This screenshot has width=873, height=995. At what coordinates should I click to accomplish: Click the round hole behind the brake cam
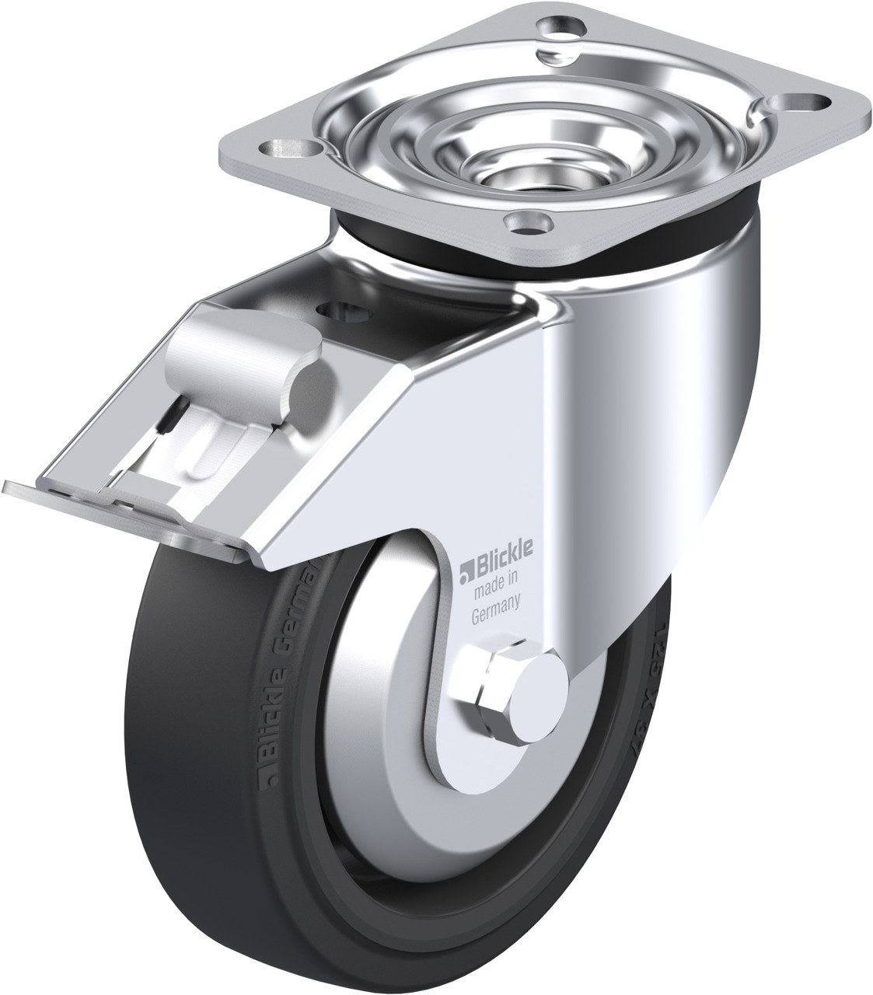coord(344,311)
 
